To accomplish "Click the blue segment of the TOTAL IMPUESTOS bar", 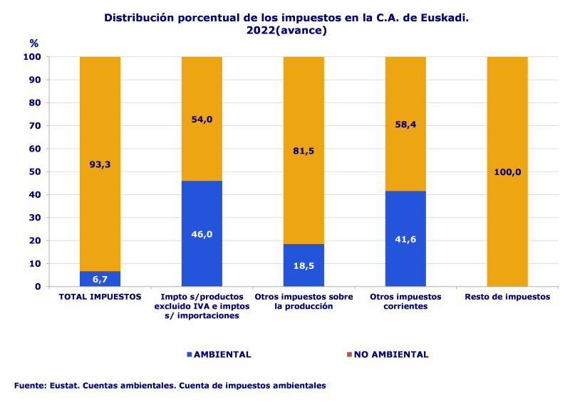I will click(100, 279).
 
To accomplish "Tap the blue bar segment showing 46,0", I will click(202, 233).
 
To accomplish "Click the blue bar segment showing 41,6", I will click(405, 238).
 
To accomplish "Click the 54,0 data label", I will click(202, 119).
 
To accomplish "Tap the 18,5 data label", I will click(304, 265).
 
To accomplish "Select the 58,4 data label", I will click(405, 125).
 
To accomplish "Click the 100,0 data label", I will click(507, 171).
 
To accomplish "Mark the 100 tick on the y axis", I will click(33, 57).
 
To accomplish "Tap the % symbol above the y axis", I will click(34, 43).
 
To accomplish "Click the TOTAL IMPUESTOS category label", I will click(100, 297).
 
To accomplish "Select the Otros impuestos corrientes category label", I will click(405, 302).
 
